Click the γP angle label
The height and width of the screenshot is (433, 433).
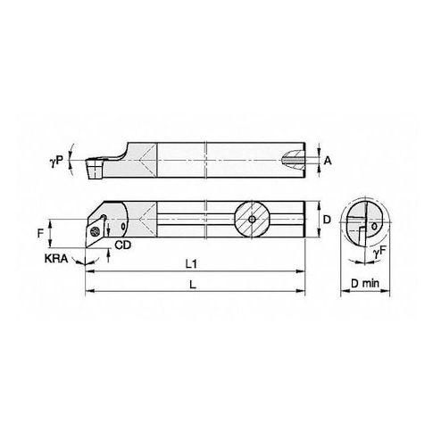(56, 162)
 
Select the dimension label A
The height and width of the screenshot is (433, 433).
(328, 161)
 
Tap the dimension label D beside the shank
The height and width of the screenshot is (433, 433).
(327, 220)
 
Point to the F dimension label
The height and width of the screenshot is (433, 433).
(41, 233)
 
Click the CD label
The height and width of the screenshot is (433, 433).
(123, 245)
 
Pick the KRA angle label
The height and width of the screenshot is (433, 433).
(56, 259)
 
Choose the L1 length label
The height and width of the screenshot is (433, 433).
(191, 264)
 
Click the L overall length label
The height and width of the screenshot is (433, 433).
(193, 285)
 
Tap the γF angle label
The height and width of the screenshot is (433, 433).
(379, 253)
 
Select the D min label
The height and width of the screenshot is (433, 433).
(365, 283)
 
